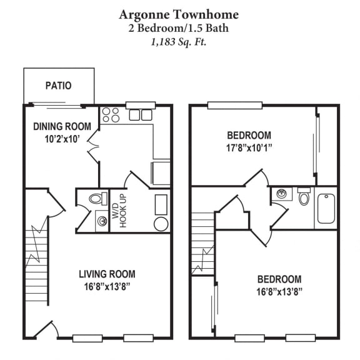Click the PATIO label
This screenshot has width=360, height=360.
pyautogui.click(x=58, y=86)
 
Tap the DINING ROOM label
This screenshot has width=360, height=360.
pyautogui.click(x=62, y=126)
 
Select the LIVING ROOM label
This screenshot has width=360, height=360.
pyautogui.click(x=107, y=274)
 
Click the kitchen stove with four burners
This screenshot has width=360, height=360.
pyautogui.click(x=111, y=115)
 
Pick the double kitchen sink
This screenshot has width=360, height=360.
pyautogui.click(x=141, y=115)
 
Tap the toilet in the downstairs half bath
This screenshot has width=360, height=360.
pyautogui.click(x=96, y=199)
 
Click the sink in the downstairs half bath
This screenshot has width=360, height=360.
pyautogui.click(x=100, y=220)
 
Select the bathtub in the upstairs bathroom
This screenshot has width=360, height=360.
pyautogui.click(x=326, y=209)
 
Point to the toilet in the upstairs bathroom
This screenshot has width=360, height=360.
pyautogui.click(x=304, y=197)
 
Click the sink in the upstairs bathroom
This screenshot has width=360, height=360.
pyautogui.click(x=282, y=194)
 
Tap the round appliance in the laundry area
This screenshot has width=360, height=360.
pyautogui.click(x=161, y=224)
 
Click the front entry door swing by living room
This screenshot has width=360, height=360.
pyautogui.click(x=46, y=328)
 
